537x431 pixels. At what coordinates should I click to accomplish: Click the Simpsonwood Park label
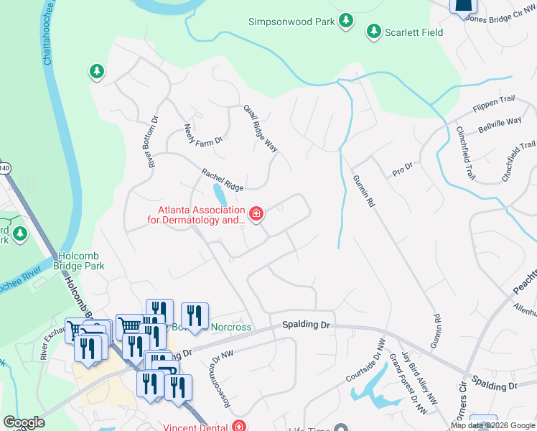pos(291,22)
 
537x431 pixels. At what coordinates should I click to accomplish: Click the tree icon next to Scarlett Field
pos(373,31)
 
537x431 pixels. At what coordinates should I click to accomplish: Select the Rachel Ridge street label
pos(223,180)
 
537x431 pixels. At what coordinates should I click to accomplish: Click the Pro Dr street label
pos(403,170)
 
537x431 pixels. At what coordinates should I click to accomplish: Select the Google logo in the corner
pos(24,422)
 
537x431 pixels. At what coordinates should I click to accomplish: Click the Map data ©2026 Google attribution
pos(492,426)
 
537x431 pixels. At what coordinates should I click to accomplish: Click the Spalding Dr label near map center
pos(306,325)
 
